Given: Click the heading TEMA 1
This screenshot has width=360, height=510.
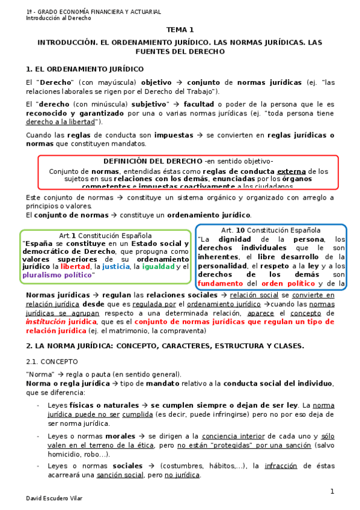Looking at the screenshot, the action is click(180, 29).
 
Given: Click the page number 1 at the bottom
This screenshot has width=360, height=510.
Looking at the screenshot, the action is click(331, 491).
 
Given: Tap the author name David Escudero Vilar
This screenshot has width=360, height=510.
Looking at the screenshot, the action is click(54, 499).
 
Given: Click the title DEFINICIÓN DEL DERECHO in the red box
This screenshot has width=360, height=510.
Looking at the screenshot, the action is click(153, 162).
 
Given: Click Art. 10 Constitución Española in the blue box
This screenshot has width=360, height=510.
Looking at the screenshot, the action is click(270, 230).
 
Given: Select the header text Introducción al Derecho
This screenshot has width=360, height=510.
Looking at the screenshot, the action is click(58, 18).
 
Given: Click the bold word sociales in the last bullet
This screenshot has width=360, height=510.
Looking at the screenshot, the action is click(127, 465).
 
